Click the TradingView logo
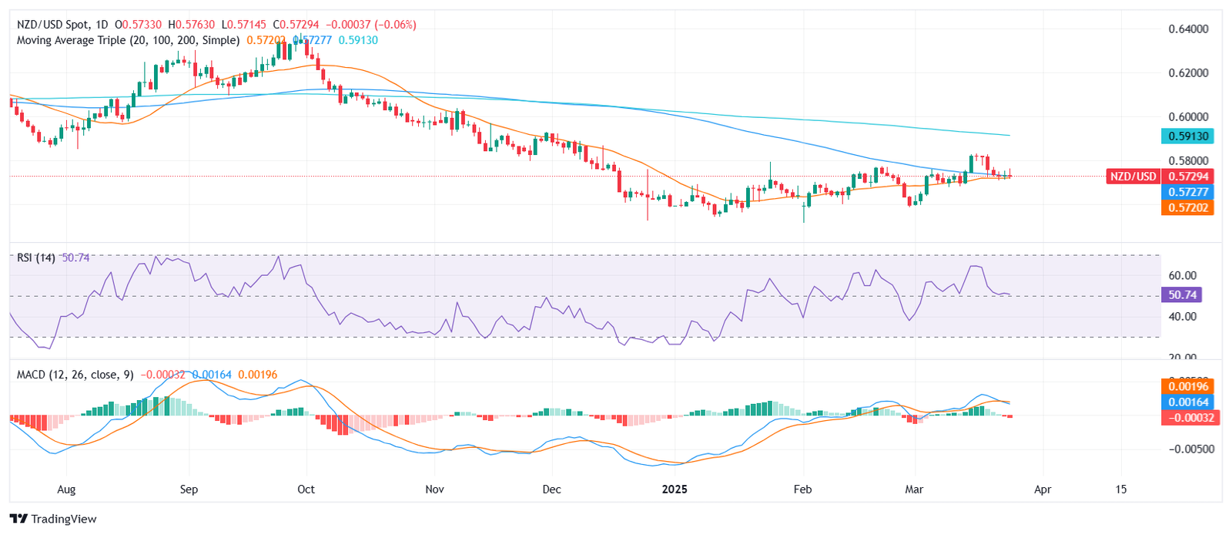point(53,519)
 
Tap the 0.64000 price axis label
point(1188,29)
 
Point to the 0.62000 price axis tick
point(1188,73)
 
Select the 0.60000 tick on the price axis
point(1188,117)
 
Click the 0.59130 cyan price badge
point(1187,136)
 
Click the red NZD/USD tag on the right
point(1133,177)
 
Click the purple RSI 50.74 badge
point(1182,294)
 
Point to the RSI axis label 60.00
point(1182,275)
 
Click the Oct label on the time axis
point(306,490)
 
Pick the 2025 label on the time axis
point(675,490)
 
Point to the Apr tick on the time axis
point(1043,490)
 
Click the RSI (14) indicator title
point(36,257)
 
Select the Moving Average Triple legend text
point(128,40)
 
